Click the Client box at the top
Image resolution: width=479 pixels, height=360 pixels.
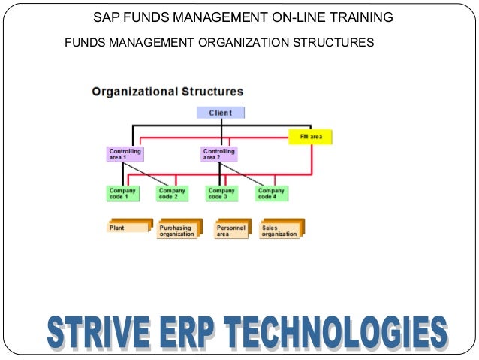[220, 113]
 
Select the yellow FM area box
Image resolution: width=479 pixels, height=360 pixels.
[310, 138]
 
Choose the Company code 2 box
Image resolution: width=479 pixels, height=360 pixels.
[171, 194]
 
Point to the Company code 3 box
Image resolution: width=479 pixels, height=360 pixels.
[221, 194]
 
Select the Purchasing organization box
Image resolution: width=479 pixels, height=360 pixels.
[176, 230]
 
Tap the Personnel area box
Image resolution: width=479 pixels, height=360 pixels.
[230, 230]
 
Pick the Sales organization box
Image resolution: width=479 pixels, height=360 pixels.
[280, 230]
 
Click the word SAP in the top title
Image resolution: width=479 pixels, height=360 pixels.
[106, 17]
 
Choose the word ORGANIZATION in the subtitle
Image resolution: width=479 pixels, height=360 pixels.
[243, 42]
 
